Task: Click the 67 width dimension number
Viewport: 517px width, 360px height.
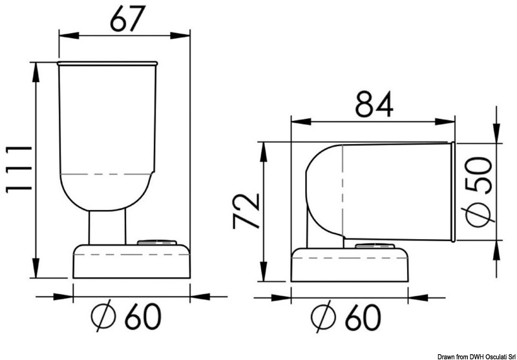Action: [127, 19]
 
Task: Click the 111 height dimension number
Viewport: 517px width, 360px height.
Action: [19, 168]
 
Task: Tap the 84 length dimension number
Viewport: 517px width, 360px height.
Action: [374, 104]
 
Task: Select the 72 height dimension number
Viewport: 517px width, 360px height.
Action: [246, 211]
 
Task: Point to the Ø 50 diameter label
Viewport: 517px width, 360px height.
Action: [479, 193]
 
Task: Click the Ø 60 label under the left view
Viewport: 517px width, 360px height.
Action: [126, 317]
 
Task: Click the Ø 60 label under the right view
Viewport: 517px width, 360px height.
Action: [346, 317]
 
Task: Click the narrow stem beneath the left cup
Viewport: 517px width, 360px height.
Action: [107, 228]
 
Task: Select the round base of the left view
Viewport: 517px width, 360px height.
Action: [132, 261]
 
